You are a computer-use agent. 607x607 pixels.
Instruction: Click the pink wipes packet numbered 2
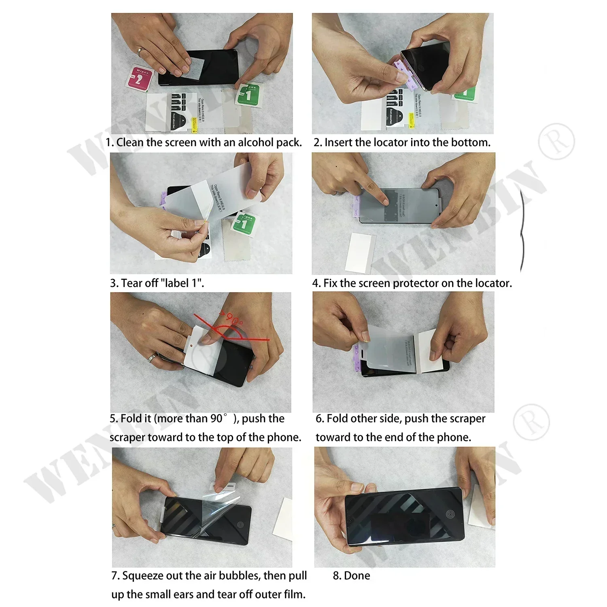pos(139,78)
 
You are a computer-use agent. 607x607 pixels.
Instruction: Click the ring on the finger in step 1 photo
pos(140,51)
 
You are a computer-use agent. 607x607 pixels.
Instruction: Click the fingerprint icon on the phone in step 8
pos(450,515)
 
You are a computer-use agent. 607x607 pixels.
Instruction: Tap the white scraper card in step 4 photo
pos(360,252)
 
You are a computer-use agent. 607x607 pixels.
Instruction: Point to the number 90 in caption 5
pos(216,418)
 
